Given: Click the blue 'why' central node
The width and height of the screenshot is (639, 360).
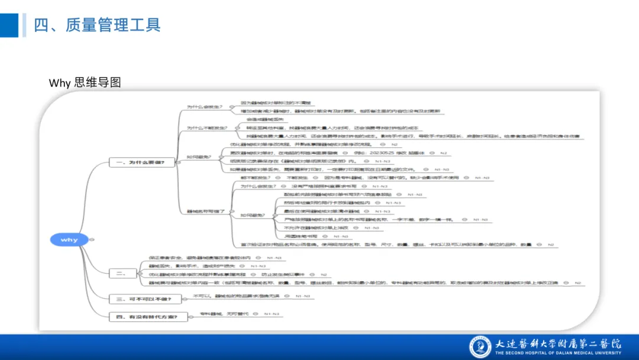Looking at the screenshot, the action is [69, 240].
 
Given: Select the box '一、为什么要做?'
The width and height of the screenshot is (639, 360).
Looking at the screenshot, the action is [142, 162].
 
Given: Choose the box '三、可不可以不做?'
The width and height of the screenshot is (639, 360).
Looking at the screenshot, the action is [142, 300].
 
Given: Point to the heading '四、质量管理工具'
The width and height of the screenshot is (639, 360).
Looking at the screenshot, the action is [97, 25].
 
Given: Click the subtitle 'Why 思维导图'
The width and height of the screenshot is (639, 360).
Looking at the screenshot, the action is [85, 82].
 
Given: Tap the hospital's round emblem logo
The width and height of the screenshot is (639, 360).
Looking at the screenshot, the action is [480, 347].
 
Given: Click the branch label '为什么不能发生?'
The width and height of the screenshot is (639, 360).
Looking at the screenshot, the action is [204, 128].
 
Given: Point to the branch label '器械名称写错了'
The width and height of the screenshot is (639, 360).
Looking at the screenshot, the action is [206, 211].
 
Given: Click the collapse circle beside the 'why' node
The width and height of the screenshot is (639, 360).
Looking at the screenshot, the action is [92, 240].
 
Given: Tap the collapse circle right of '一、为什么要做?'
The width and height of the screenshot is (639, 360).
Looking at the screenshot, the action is [179, 162].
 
